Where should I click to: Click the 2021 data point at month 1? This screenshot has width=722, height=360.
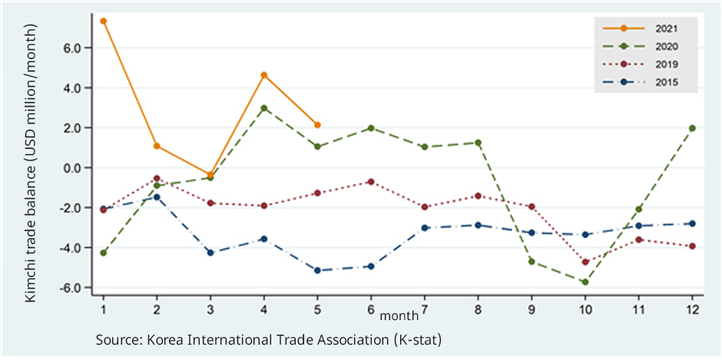click(x=103, y=21)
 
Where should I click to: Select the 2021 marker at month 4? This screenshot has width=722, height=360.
click(x=264, y=75)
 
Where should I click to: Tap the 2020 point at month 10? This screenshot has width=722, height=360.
click(x=585, y=282)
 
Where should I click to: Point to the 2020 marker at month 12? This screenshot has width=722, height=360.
click(x=692, y=128)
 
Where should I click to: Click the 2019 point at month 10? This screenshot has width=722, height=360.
click(x=585, y=262)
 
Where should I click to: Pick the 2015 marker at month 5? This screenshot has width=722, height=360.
click(x=317, y=270)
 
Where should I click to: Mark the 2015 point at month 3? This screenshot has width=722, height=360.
click(x=210, y=253)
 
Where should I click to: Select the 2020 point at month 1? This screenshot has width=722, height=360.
click(x=103, y=253)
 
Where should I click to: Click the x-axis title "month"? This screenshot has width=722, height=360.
click(x=399, y=315)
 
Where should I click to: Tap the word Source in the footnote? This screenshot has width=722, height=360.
click(x=117, y=339)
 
